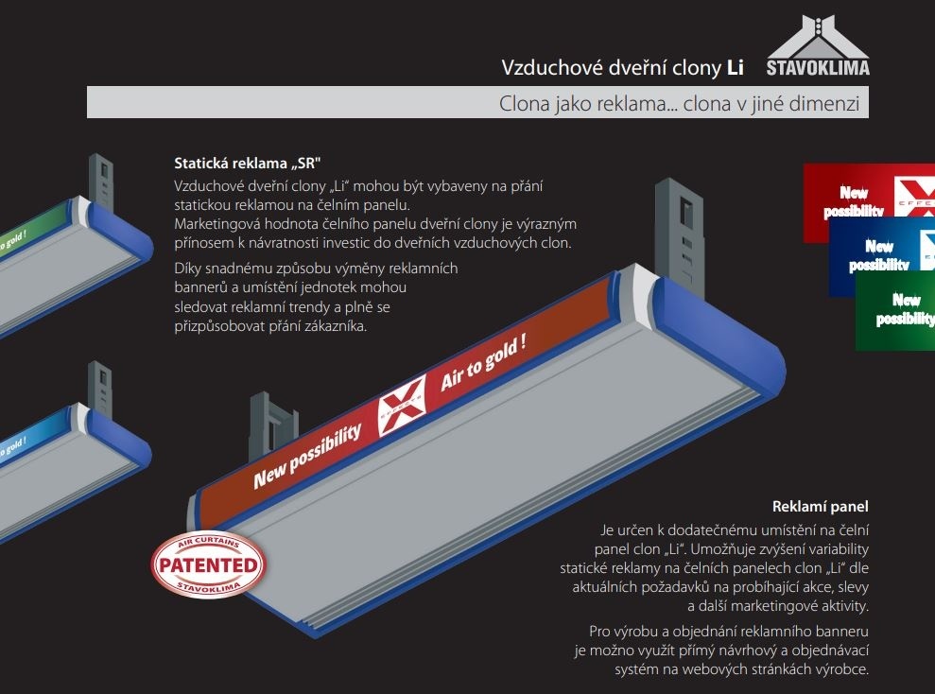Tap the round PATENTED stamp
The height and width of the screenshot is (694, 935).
click(x=209, y=564)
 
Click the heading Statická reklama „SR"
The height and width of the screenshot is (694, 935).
click(x=254, y=162)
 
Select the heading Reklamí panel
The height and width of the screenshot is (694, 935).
click(x=820, y=507)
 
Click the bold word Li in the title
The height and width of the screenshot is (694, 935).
click(x=735, y=67)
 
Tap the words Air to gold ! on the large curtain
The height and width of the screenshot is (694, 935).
click(x=483, y=363)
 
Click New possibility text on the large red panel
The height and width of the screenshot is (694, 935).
click(x=307, y=455)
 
